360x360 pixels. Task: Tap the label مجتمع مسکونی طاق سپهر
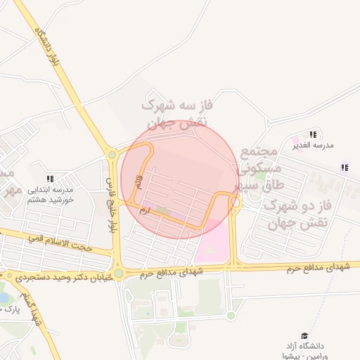261,169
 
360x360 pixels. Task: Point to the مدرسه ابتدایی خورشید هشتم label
51,194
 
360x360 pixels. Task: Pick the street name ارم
146,210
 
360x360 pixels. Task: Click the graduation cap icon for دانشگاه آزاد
304,336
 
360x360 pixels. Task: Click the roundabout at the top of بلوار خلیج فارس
111,155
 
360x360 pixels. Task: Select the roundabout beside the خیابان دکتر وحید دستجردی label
118,274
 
